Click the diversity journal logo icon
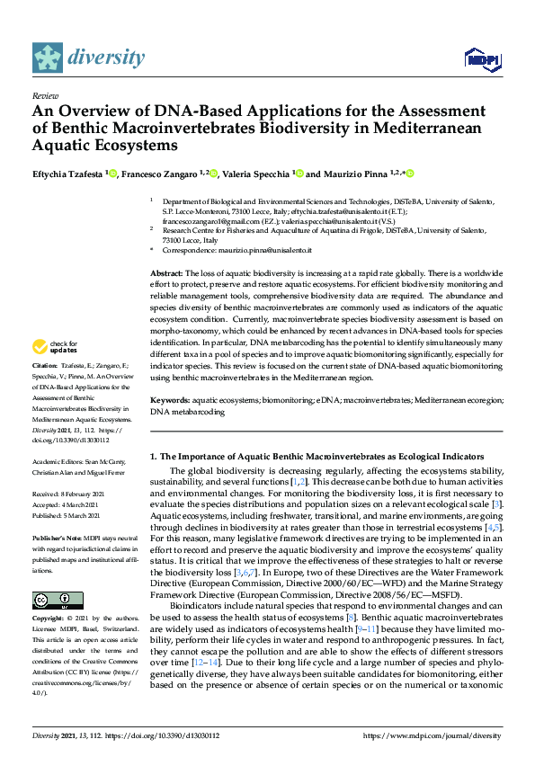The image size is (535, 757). [49, 58]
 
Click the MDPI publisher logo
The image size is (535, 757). [481, 59]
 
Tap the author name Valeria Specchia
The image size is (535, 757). [261, 174]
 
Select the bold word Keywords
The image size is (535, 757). [170, 399]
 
